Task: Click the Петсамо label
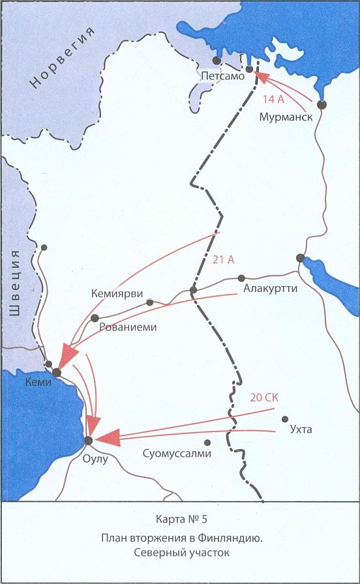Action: click(x=222, y=76)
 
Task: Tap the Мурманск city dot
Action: click(x=321, y=104)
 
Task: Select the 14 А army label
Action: click(x=273, y=100)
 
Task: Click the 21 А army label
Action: click(x=223, y=259)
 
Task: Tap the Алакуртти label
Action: click(x=269, y=287)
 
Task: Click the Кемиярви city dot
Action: click(x=150, y=302)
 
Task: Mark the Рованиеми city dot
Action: click(x=95, y=318)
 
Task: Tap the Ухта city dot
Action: click(x=284, y=418)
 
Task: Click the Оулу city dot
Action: click(x=89, y=441)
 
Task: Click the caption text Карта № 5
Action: click(x=180, y=520)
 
